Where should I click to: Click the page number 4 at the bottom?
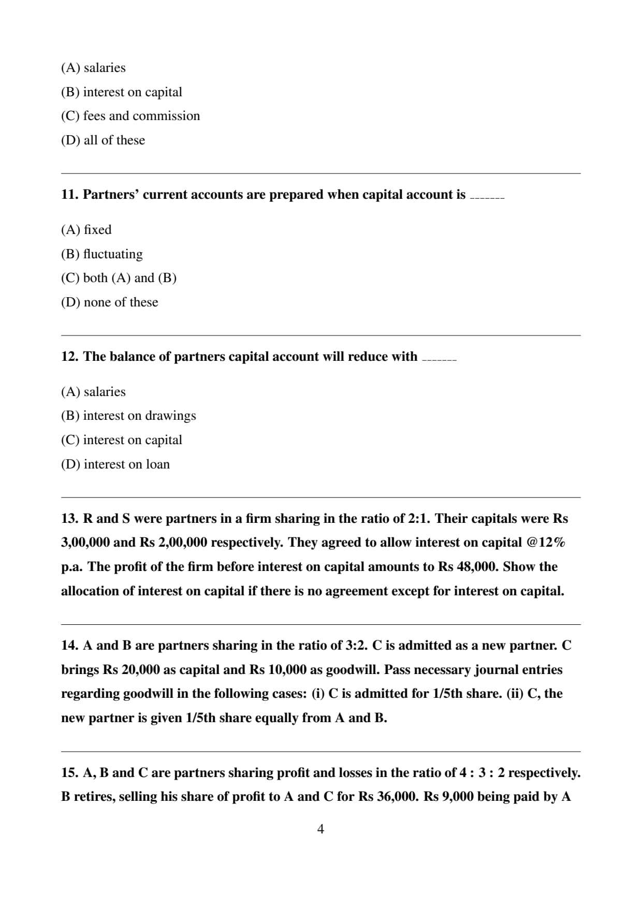click(x=320, y=829)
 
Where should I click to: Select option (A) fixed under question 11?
click(x=86, y=230)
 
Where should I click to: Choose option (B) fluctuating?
click(x=101, y=254)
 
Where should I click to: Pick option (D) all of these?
click(x=103, y=140)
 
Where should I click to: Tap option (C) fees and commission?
click(x=130, y=116)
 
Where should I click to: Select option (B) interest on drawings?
click(x=128, y=416)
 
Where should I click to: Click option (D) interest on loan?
click(x=115, y=464)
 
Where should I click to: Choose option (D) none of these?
click(x=109, y=302)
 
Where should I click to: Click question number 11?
click(x=69, y=195)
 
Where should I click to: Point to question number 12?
click(x=69, y=357)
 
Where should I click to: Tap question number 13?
click(x=69, y=519)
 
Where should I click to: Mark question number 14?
click(x=69, y=646)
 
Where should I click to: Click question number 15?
click(x=69, y=773)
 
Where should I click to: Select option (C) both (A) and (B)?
click(x=119, y=278)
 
